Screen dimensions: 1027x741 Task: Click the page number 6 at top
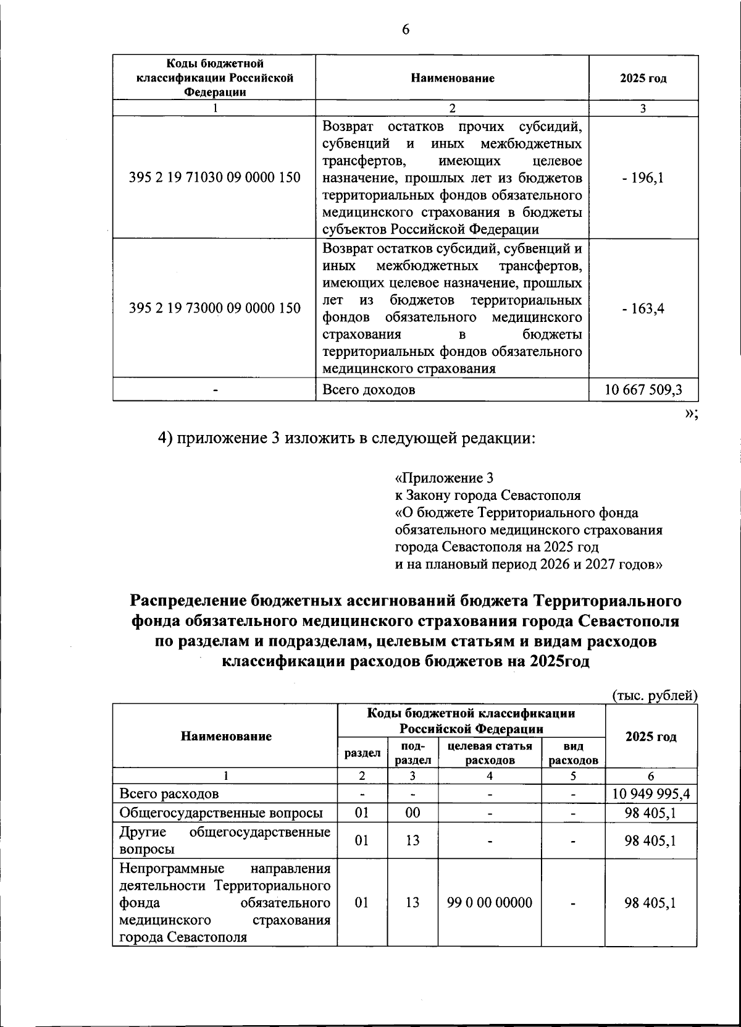point(406,30)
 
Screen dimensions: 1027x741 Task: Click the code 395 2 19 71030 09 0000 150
point(214,178)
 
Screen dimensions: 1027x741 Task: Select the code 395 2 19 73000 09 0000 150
point(214,308)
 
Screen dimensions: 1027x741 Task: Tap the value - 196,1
point(643,178)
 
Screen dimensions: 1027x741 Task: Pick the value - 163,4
point(643,308)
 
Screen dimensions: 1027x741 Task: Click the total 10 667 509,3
point(643,390)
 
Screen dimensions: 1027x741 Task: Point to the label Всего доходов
point(369,390)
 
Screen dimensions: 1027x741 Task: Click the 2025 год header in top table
point(643,78)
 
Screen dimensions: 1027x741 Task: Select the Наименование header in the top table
point(452,78)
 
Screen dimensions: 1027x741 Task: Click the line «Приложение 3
point(444,478)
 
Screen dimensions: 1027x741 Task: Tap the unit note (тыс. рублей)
point(655,695)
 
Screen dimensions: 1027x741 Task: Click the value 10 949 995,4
point(651,793)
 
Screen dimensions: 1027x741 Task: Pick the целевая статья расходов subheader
point(490,753)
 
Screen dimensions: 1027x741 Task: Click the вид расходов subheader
point(573,753)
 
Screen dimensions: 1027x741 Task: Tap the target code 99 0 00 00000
point(490,903)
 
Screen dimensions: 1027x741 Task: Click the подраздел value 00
point(412,813)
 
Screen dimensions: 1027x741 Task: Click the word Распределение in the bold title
point(188,601)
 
